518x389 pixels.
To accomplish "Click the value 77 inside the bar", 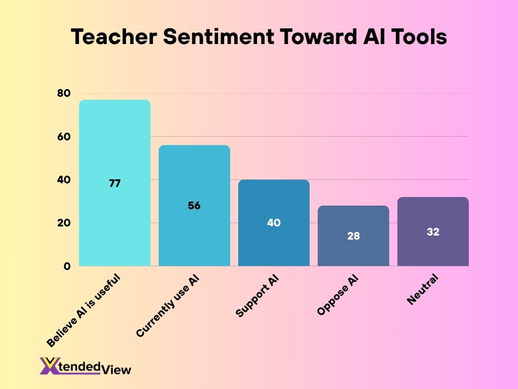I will click(x=115, y=183).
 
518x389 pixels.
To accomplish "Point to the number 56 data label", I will click(x=194, y=206).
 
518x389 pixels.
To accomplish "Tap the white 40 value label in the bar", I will click(x=274, y=222).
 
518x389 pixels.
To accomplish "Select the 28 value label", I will click(x=353, y=236).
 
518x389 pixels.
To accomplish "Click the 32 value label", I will click(x=433, y=232).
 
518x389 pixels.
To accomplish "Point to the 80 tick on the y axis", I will click(x=63, y=93).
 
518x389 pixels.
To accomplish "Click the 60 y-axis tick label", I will click(x=63, y=137).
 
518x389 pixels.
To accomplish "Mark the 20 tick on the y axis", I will click(x=63, y=223).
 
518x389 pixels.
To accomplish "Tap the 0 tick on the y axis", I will click(x=67, y=266).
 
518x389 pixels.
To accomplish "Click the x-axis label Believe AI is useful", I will click(x=84, y=310).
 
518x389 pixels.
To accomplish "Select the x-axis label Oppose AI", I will click(x=338, y=296).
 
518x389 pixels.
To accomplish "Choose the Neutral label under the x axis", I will click(x=422, y=290).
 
